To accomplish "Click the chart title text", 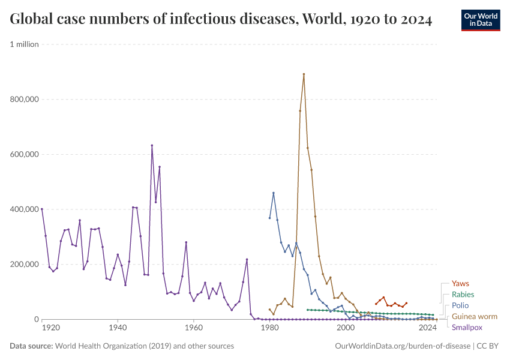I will coord(221,19).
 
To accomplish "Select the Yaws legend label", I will coord(460,283).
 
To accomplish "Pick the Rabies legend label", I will coord(463,295).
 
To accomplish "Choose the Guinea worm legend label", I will coord(474,316).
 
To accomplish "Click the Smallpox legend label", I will coord(467,328).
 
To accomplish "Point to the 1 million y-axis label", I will coord(25,44).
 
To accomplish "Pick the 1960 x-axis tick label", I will coord(193,329).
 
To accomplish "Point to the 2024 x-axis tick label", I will coord(427,329).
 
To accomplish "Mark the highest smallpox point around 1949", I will coord(152,145).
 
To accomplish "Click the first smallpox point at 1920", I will coord(42,209).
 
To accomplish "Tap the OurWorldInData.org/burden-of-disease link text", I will coord(401,346).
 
